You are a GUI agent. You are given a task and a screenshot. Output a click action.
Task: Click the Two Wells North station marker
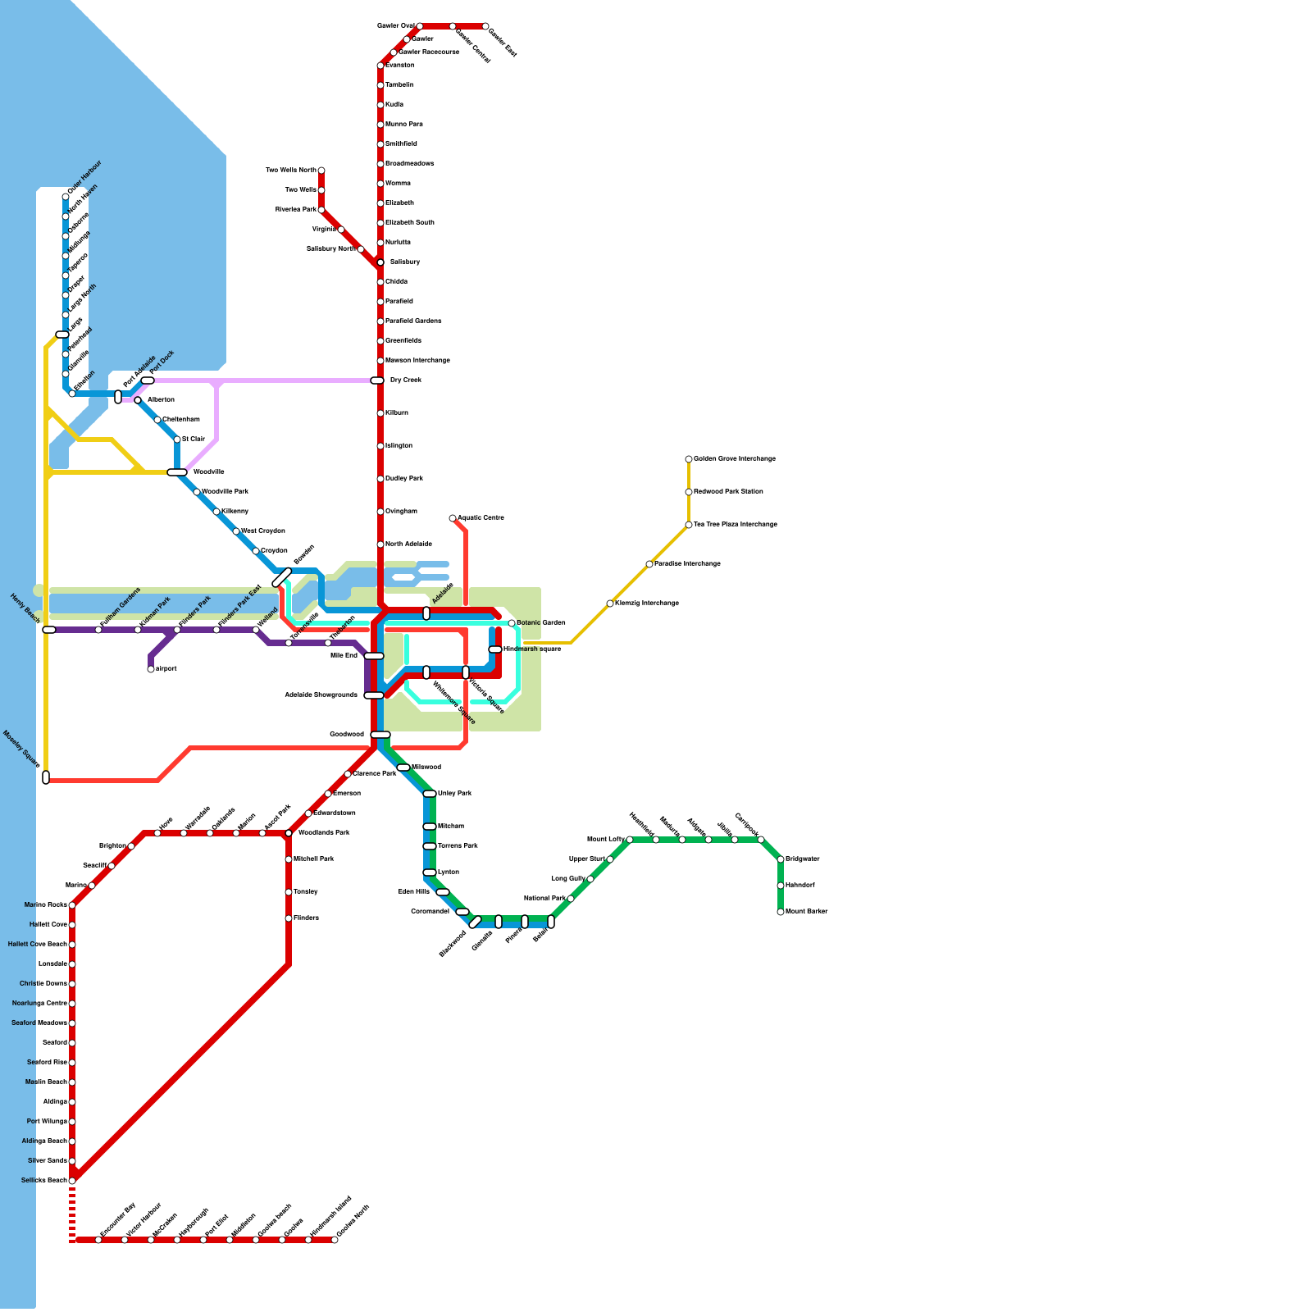[321, 171]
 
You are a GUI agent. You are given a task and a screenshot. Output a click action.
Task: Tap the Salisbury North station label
[331, 248]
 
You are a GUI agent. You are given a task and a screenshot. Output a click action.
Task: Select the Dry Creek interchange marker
[377, 380]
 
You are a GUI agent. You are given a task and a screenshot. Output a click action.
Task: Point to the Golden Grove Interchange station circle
[689, 459]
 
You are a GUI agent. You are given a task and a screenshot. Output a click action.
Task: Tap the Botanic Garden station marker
[512, 623]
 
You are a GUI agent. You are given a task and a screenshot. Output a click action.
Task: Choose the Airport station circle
[151, 669]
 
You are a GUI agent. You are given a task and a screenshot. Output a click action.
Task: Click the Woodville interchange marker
[177, 472]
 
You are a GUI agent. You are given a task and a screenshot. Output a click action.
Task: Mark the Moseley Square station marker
[46, 777]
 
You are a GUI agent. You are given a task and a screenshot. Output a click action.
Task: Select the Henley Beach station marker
[49, 630]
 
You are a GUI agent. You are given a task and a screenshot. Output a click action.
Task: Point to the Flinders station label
[307, 918]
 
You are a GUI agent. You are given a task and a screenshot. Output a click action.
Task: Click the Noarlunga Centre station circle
[72, 1004]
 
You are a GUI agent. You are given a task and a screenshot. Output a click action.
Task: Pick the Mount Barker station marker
[781, 912]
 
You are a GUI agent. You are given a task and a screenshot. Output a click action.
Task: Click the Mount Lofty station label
[606, 840]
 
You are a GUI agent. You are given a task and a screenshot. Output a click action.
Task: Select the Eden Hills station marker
[443, 892]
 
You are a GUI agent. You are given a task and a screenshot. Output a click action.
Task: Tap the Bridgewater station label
[803, 859]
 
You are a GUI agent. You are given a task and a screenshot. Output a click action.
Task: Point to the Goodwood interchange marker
[380, 735]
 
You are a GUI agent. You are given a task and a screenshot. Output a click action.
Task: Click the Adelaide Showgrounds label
[321, 695]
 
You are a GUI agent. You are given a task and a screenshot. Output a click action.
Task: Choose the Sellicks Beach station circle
[72, 1181]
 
